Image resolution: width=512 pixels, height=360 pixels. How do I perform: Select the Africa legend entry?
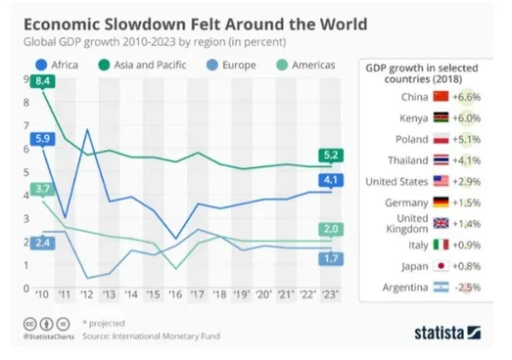(x=59, y=65)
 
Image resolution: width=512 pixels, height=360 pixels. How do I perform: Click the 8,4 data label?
(x=42, y=82)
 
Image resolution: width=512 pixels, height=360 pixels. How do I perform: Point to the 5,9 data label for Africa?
(x=42, y=139)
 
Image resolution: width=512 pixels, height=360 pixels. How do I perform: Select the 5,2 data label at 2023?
(x=330, y=156)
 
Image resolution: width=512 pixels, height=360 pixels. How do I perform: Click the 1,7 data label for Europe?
(x=330, y=257)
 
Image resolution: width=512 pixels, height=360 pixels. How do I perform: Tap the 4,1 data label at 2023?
(x=330, y=180)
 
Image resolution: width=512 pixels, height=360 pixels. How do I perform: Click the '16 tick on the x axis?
(x=173, y=294)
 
